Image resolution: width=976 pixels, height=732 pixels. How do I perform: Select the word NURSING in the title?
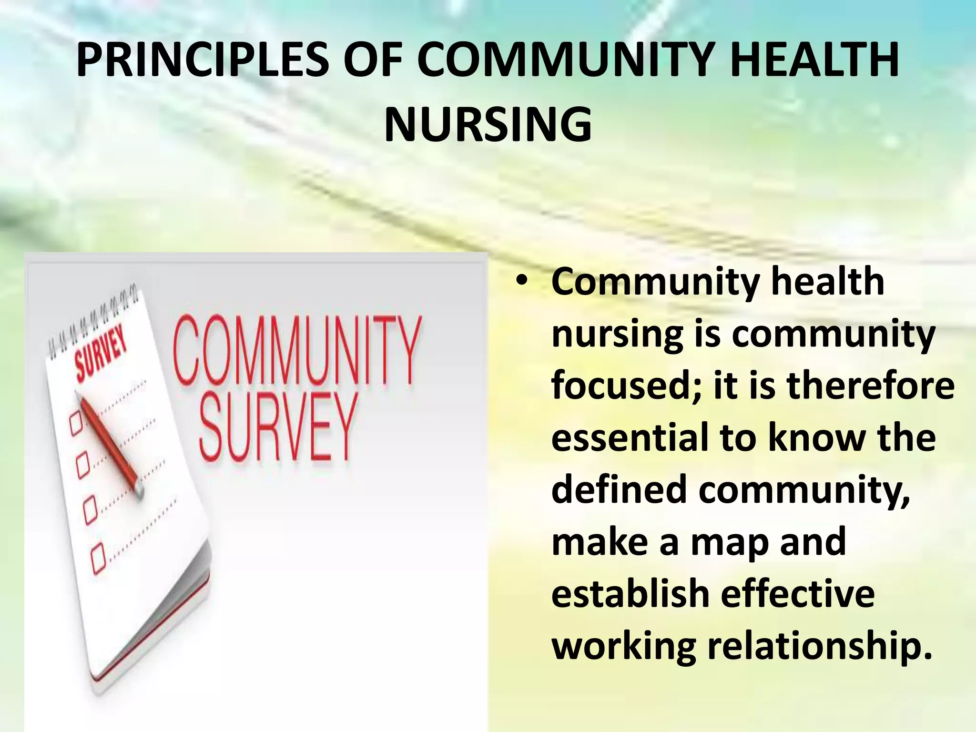tap(488, 125)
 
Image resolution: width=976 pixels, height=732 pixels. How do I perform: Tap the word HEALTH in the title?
tap(814, 61)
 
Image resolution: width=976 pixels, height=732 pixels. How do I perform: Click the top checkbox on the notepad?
tap(76, 424)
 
